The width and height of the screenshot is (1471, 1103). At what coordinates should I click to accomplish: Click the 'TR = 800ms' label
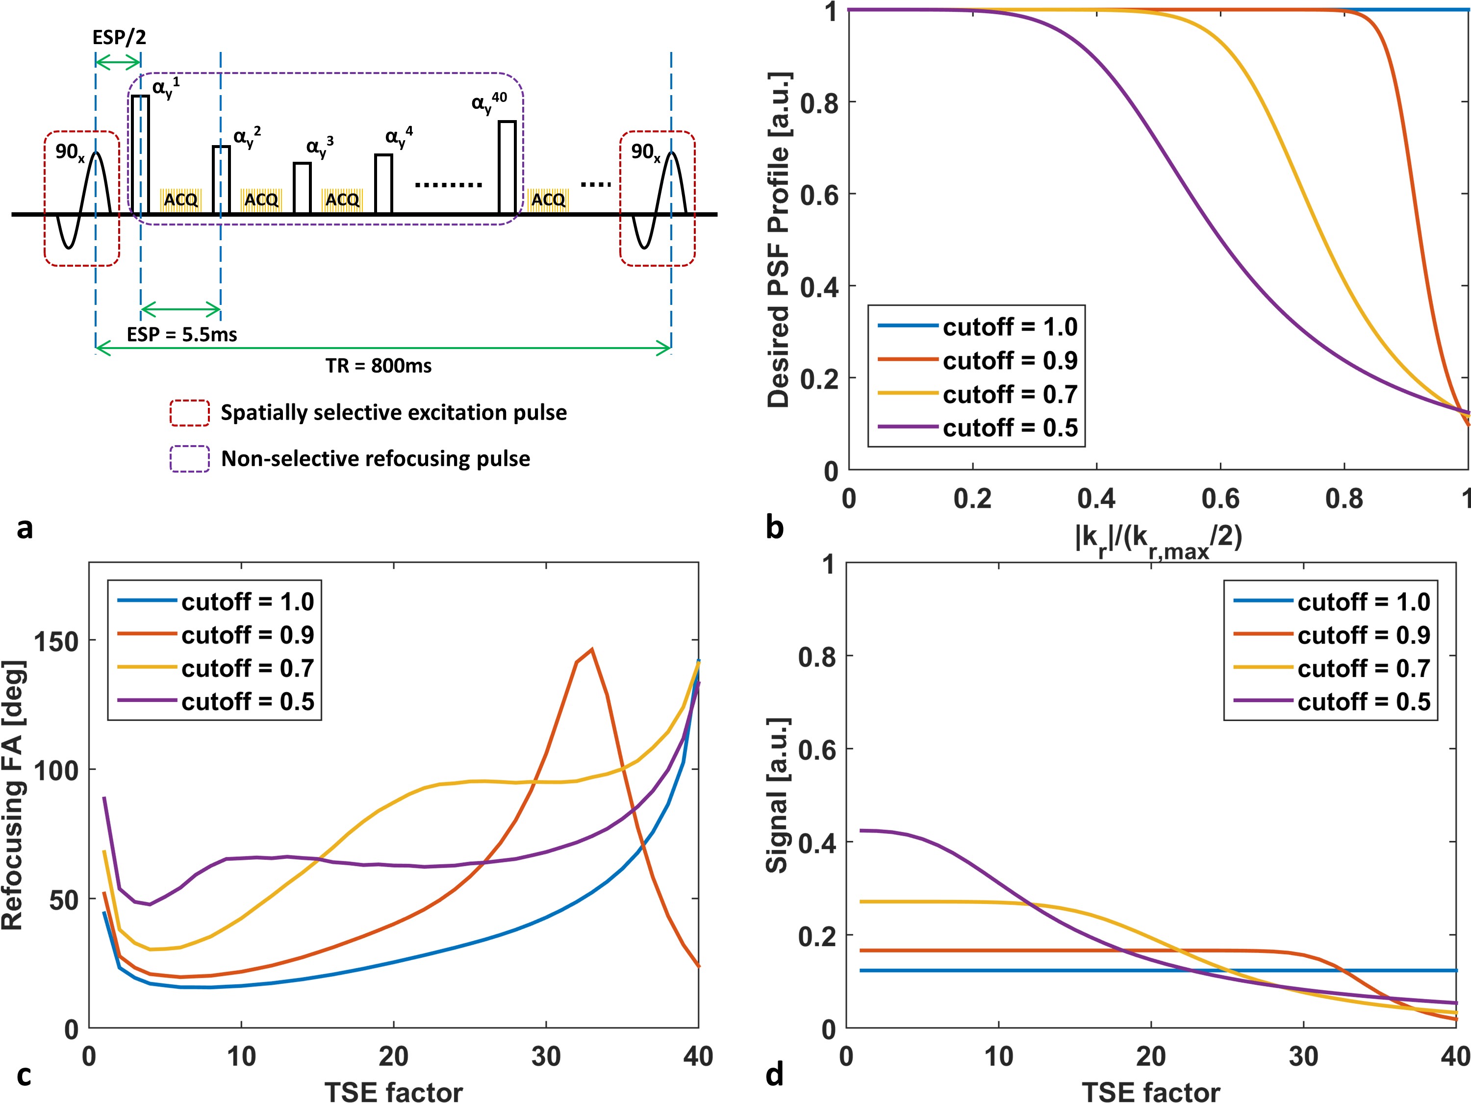point(379,366)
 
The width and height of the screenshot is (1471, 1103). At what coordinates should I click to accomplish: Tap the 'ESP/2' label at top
point(119,37)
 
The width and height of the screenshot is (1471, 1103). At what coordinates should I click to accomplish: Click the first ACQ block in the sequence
point(180,200)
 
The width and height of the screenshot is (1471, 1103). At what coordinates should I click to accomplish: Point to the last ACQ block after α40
point(548,200)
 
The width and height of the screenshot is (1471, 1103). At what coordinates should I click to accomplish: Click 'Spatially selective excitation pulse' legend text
point(394,413)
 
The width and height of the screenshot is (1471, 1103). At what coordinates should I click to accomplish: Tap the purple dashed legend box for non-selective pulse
point(190,459)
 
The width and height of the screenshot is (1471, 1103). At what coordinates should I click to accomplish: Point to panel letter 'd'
point(775,1075)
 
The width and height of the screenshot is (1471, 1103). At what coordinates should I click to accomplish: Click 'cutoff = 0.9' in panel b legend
point(1010,360)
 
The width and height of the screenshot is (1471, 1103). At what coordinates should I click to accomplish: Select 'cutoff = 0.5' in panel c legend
point(248,702)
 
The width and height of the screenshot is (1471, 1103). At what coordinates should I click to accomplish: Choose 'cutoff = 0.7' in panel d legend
point(1363,668)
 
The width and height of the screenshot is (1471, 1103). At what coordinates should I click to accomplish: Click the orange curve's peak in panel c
point(591,650)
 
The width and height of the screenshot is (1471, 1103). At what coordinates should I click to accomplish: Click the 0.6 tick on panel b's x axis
point(1220,499)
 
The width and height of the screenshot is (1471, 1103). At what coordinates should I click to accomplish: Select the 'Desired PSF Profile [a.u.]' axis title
point(779,239)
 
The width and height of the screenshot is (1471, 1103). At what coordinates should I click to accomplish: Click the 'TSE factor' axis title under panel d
point(1150,1092)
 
